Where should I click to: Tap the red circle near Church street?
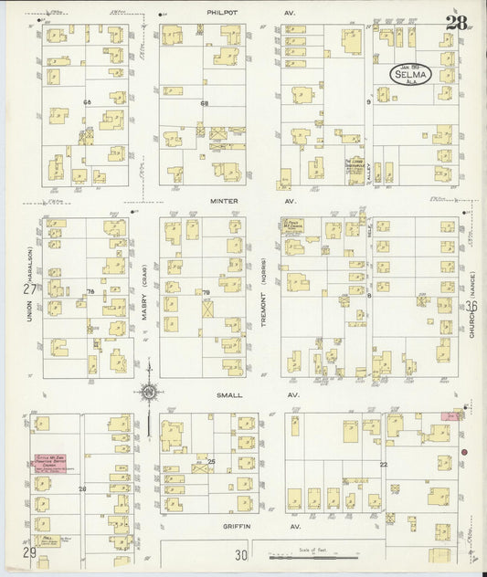(x=464, y=453)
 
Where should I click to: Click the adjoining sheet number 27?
(x=29, y=288)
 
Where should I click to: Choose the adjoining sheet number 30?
(x=240, y=554)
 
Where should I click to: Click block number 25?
(x=210, y=462)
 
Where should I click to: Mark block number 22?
(x=384, y=465)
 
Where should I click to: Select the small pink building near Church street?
(x=450, y=414)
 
